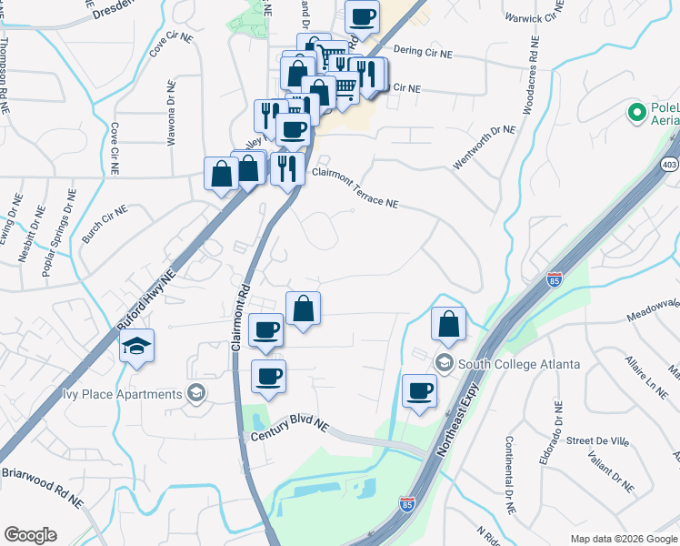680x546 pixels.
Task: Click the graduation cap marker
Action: [x=136, y=347]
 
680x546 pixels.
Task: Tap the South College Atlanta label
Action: [x=519, y=364]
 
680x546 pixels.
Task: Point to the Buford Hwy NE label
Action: [x=147, y=296]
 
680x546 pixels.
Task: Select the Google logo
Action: [x=30, y=535]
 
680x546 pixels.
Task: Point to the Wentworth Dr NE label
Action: [x=484, y=147]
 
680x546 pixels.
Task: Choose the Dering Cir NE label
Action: [x=423, y=53]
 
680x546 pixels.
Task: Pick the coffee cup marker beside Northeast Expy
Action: [x=419, y=391]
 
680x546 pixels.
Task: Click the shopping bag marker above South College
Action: [x=449, y=324]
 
